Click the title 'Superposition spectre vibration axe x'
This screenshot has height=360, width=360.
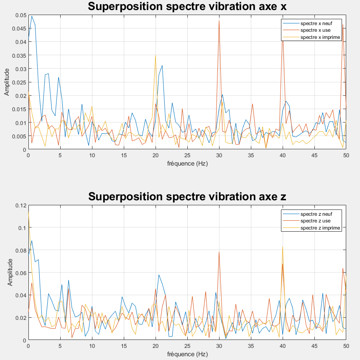point(187,6)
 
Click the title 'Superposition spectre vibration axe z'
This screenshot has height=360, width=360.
point(187,197)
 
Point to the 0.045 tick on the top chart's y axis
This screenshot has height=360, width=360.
point(19,28)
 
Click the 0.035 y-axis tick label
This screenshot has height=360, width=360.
point(19,56)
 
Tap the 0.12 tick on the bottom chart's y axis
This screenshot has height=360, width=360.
point(21,205)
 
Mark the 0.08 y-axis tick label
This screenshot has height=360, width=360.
point(21,250)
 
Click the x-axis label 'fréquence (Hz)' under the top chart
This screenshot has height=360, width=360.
point(187,163)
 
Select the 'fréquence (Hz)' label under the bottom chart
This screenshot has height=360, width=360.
point(187,354)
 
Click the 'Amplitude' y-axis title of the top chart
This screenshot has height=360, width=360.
point(7,82)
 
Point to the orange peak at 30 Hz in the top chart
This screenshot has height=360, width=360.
point(219,21)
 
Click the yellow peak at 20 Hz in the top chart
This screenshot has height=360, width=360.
point(156,55)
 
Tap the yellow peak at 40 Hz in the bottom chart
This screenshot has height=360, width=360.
point(283,247)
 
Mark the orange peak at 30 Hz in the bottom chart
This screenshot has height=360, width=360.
point(219,252)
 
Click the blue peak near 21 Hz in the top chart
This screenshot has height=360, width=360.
point(162,66)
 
